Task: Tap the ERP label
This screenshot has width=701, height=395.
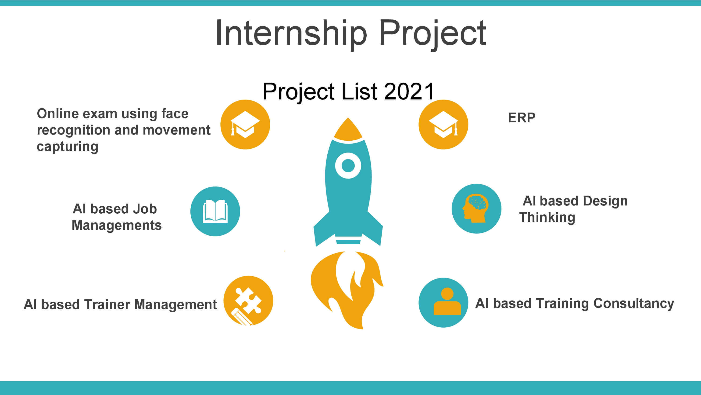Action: (521, 118)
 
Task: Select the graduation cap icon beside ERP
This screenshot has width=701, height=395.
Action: (443, 124)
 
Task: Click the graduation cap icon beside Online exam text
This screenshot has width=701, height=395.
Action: (245, 124)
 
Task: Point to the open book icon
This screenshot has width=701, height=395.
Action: (215, 211)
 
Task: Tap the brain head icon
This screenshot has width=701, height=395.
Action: (476, 208)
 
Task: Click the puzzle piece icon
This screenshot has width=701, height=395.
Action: (248, 301)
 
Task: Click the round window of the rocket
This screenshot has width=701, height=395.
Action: (348, 165)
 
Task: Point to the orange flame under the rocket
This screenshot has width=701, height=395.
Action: (347, 289)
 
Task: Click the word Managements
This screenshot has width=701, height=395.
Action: (117, 225)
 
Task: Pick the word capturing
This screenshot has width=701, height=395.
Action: (68, 147)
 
